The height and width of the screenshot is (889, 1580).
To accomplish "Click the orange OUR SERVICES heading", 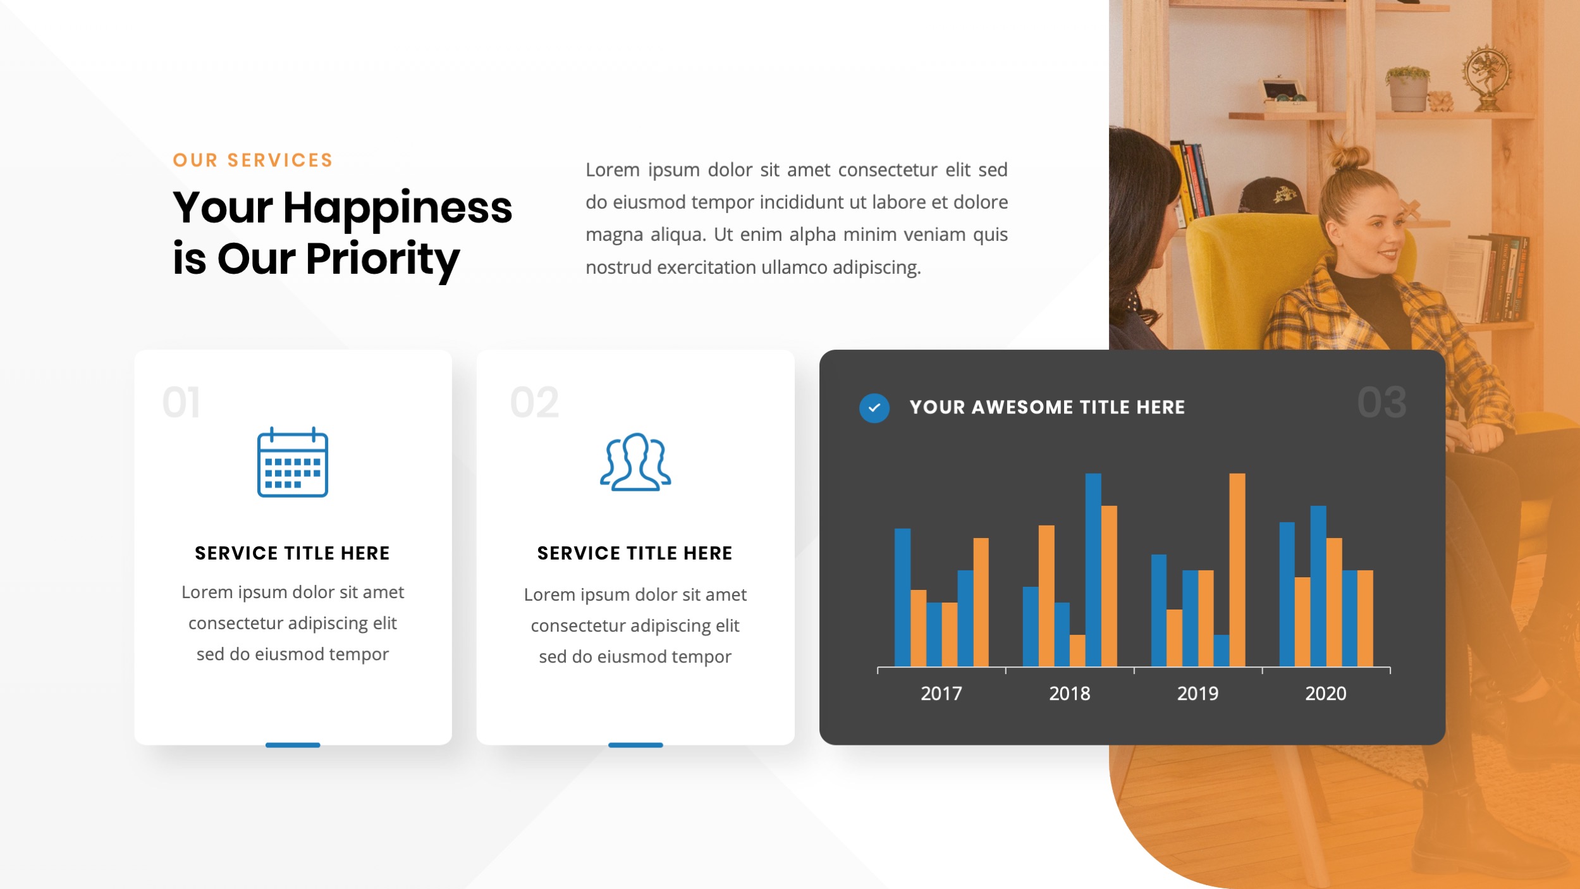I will click(253, 161).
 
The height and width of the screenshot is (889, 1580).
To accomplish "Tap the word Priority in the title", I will click(383, 259).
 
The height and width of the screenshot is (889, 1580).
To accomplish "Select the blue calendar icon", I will click(293, 463).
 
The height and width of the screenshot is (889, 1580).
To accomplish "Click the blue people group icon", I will click(635, 462).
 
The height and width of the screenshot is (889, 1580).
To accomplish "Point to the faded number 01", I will click(181, 403).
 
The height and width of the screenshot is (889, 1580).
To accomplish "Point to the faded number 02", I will click(534, 403).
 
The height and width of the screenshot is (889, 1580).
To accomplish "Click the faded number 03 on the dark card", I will click(1381, 403).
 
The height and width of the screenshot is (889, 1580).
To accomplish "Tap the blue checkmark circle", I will click(874, 408).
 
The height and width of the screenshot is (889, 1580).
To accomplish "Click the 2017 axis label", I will click(941, 694).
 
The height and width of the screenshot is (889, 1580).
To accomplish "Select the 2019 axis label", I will click(1197, 694).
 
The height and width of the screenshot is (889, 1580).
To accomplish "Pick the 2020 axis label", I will click(1325, 694).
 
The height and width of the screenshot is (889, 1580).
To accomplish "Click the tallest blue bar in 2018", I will click(1093, 569).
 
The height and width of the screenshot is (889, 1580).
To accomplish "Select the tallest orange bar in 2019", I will click(1237, 569).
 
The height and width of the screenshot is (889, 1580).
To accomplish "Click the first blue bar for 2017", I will click(902, 597).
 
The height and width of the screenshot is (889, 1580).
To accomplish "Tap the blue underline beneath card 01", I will click(293, 745).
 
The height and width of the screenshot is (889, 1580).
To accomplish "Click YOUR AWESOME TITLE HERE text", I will click(1047, 408).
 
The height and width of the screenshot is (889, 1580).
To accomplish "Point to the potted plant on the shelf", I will click(1407, 89).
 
